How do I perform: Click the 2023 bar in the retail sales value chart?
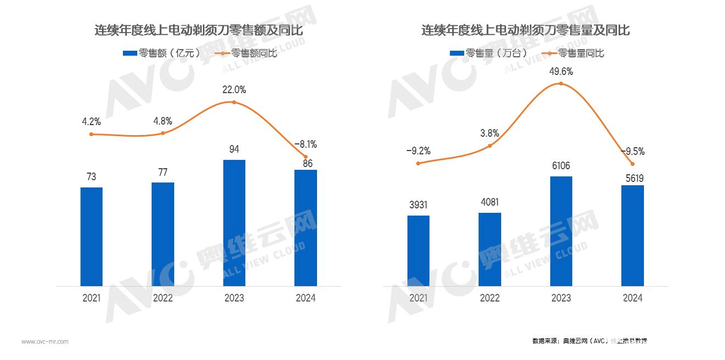click(234, 223)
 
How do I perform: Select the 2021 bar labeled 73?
click(92, 237)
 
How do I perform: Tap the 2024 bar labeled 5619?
click(632, 235)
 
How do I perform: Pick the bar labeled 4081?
click(490, 249)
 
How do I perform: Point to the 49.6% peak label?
click(561, 71)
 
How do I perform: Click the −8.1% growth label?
click(305, 144)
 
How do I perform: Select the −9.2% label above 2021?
click(418, 151)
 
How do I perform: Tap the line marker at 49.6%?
click(561, 84)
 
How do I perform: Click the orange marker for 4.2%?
click(92, 134)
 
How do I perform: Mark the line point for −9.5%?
click(632, 164)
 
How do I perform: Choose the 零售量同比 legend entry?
click(573, 53)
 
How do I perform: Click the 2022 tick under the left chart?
click(163, 298)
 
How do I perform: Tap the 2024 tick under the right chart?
click(632, 298)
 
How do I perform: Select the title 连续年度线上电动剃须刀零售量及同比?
click(525, 30)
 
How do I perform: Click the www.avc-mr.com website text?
click(45, 342)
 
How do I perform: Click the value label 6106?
click(561, 166)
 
